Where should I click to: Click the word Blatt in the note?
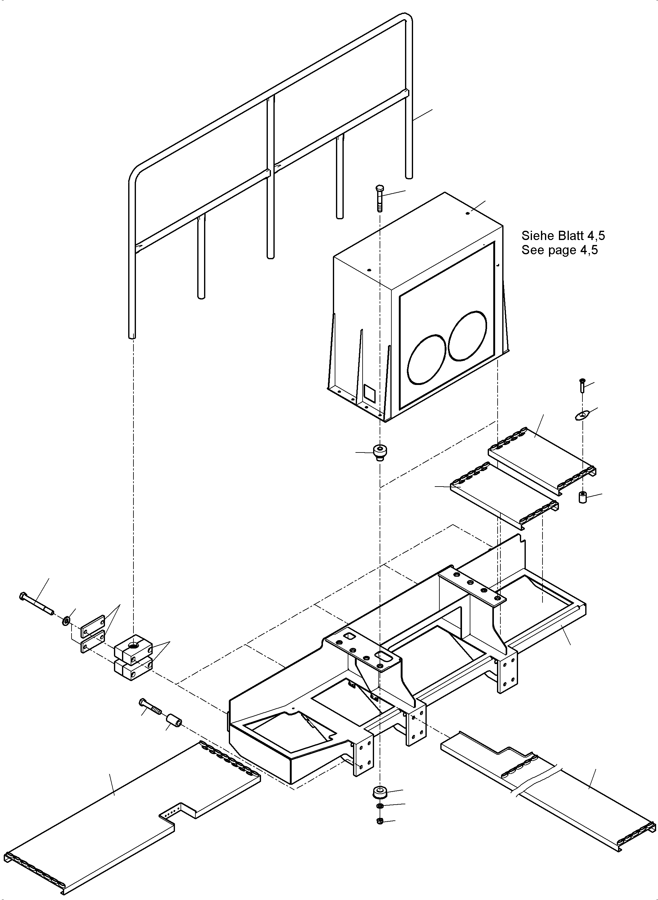tap(572, 236)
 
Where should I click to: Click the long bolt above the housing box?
tap(379, 198)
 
